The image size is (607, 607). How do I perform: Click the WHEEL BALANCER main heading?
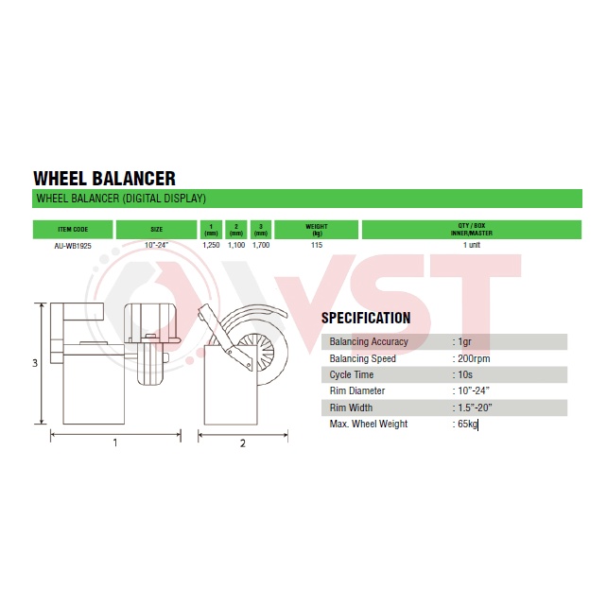click(x=105, y=179)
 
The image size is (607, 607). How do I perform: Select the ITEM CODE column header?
click(x=73, y=229)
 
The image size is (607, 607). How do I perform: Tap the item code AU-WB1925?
click(x=73, y=246)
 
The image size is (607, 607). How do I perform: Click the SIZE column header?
click(x=156, y=229)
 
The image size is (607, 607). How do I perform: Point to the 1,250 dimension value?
click(x=211, y=245)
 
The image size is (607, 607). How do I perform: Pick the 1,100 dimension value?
click(x=236, y=245)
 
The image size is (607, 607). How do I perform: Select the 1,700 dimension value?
click(x=261, y=245)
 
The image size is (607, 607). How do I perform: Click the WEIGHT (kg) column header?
click(x=317, y=230)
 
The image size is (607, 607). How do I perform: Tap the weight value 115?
click(x=317, y=245)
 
